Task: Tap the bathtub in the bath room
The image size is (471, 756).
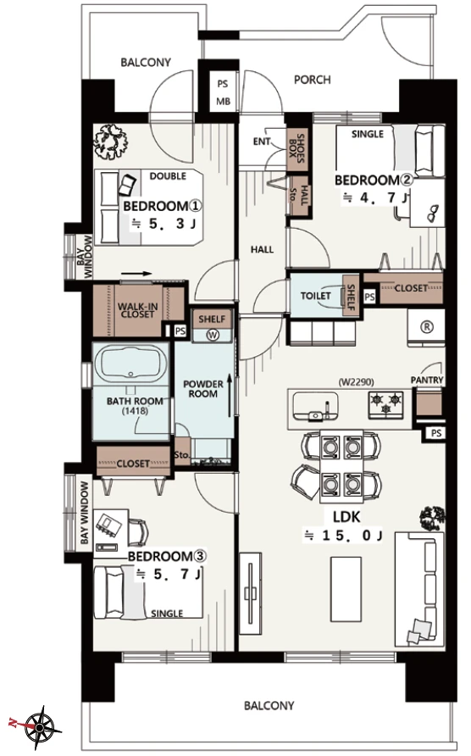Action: (x=130, y=364)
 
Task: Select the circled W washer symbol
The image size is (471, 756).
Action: (x=212, y=334)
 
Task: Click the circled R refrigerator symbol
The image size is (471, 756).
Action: (x=427, y=326)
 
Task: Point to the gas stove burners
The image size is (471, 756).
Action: (x=385, y=403)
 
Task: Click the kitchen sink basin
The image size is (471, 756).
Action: (x=316, y=406)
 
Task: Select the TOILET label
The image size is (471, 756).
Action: (x=316, y=296)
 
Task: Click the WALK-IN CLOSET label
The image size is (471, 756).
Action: (x=137, y=310)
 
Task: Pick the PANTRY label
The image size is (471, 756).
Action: (x=427, y=380)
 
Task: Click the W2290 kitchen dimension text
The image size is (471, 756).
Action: (x=357, y=383)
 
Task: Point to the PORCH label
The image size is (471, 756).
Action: (x=313, y=80)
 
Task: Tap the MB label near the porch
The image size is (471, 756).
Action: (x=223, y=101)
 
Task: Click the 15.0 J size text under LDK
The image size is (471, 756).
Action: (x=343, y=536)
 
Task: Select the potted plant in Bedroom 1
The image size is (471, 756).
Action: (x=111, y=142)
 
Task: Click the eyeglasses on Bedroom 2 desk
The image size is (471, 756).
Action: (x=434, y=213)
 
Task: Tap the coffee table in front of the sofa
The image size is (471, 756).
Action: (x=346, y=589)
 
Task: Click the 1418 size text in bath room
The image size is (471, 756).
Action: (x=135, y=411)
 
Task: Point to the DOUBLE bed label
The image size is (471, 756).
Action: (x=168, y=176)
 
